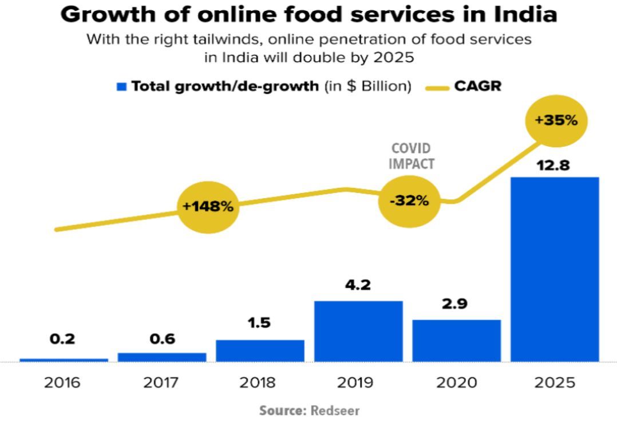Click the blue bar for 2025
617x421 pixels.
555,269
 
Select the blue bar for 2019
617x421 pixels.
358,331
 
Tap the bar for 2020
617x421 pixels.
456,340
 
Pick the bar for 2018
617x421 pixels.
260,351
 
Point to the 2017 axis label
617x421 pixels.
161,383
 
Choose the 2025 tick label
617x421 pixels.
555,383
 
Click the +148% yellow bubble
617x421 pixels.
208,207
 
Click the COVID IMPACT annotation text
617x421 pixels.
411,156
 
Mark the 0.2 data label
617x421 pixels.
62,340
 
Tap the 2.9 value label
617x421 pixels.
456,304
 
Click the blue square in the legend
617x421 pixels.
121,86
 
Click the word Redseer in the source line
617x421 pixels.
335,411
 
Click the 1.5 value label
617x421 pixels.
260,324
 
